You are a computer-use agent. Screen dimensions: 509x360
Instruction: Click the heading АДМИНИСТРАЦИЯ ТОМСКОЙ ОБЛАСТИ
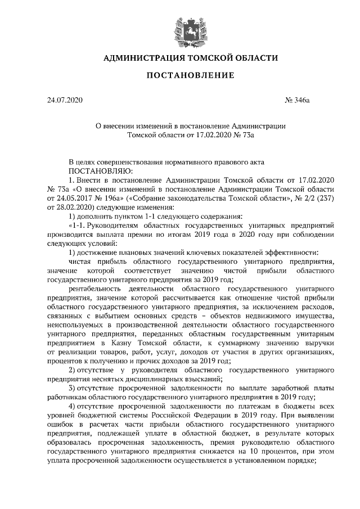pyautogui.click(x=181, y=58)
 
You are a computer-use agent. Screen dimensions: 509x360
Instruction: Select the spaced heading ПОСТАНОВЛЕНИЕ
pyautogui.click(x=181, y=75)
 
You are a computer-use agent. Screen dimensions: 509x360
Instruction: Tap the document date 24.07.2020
pyautogui.click(x=65, y=101)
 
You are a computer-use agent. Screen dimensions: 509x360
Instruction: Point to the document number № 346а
pyautogui.click(x=298, y=101)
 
